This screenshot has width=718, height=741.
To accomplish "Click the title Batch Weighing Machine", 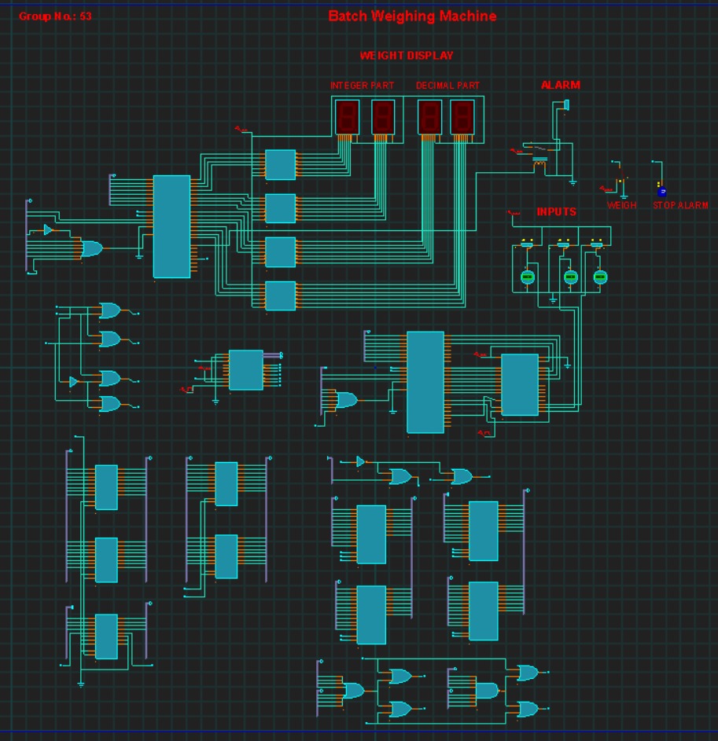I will (x=412, y=16).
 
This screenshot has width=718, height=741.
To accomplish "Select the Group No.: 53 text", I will (x=55, y=16).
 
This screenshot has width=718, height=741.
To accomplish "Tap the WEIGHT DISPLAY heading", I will (x=406, y=56).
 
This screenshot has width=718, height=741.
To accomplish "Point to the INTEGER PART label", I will (x=362, y=85).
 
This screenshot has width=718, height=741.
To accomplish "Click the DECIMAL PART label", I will (x=447, y=85).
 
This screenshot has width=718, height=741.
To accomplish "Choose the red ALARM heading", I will (x=560, y=85).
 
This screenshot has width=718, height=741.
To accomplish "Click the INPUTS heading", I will (x=556, y=211).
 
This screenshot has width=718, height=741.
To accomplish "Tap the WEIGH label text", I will (x=621, y=205).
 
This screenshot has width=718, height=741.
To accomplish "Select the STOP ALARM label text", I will (x=680, y=205).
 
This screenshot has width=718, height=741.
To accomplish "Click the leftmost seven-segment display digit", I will (x=348, y=116).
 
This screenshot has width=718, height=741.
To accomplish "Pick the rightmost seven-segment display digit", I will (x=462, y=116).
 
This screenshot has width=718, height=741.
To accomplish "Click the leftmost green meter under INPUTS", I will (x=528, y=277).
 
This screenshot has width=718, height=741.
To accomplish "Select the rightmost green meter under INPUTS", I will (x=600, y=277).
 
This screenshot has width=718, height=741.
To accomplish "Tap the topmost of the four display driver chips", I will (x=280, y=165).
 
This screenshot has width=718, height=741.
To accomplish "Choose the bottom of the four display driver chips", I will (x=280, y=295).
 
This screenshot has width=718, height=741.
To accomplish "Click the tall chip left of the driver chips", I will (x=171, y=226).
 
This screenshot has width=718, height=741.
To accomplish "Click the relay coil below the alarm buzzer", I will (x=539, y=164).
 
